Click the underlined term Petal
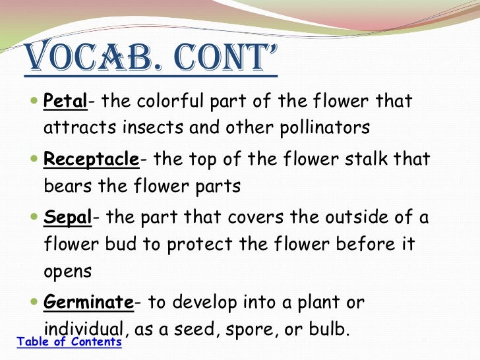[x=65, y=102]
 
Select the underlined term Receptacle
[x=91, y=160]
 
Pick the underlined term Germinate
[x=88, y=303]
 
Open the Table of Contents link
[x=69, y=342]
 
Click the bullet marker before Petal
[x=34, y=103]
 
